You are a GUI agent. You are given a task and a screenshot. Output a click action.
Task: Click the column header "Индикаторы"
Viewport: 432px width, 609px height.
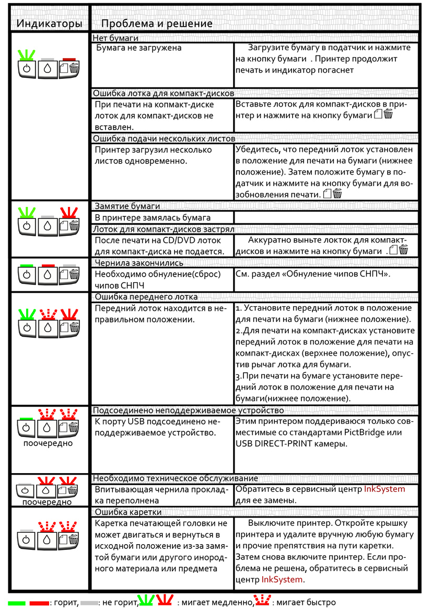point(48,24)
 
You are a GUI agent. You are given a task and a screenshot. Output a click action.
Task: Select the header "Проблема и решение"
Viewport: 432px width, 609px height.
point(157,24)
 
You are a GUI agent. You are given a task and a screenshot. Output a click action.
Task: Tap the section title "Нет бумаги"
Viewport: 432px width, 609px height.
point(115,38)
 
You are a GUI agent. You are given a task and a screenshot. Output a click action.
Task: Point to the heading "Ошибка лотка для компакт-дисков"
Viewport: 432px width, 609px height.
point(163,94)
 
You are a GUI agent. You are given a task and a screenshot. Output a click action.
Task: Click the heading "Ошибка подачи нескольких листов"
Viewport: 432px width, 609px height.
point(164,139)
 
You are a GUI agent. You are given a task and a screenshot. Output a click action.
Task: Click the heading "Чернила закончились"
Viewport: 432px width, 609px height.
point(138,263)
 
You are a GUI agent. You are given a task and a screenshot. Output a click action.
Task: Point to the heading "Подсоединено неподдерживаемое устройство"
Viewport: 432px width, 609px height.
point(188,410)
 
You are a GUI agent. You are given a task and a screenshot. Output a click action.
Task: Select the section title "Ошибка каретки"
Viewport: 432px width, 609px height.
point(127,512)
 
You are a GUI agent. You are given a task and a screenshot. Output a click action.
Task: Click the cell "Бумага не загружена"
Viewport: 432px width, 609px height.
point(139,48)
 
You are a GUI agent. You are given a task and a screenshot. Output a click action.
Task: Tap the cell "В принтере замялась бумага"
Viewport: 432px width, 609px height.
point(153,217)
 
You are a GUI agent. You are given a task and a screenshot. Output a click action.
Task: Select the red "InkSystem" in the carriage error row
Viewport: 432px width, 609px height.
point(282,580)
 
